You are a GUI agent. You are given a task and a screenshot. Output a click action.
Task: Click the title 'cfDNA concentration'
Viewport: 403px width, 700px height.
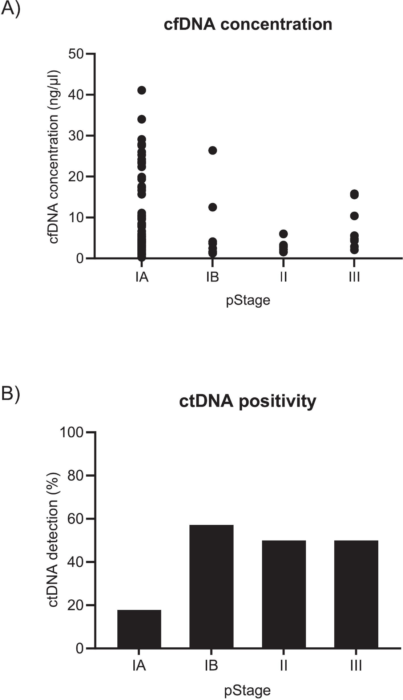(x=248, y=24)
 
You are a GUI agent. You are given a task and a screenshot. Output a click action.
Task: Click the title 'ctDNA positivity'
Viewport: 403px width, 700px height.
(x=247, y=401)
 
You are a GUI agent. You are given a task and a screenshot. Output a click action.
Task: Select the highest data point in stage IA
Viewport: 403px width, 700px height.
(x=142, y=90)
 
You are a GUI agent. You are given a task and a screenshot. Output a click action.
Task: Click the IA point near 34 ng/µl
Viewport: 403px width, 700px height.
(x=142, y=119)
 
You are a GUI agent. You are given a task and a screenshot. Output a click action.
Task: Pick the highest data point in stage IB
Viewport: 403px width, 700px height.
(x=213, y=150)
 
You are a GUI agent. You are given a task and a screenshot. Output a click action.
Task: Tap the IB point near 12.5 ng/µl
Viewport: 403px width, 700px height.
(x=213, y=207)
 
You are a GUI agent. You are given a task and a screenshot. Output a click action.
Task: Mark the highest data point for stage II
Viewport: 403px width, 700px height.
(x=283, y=234)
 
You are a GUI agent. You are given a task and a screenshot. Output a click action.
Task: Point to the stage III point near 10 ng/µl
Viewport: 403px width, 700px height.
(x=354, y=216)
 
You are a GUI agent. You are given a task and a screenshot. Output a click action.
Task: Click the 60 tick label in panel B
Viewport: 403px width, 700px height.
(x=76, y=519)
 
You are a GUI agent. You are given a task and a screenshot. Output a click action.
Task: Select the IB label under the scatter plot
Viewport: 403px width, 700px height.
(x=213, y=277)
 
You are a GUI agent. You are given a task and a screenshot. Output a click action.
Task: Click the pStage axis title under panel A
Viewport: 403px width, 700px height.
(x=248, y=301)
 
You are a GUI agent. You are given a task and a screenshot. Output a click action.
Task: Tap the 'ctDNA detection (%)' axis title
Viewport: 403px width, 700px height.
(x=53, y=539)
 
